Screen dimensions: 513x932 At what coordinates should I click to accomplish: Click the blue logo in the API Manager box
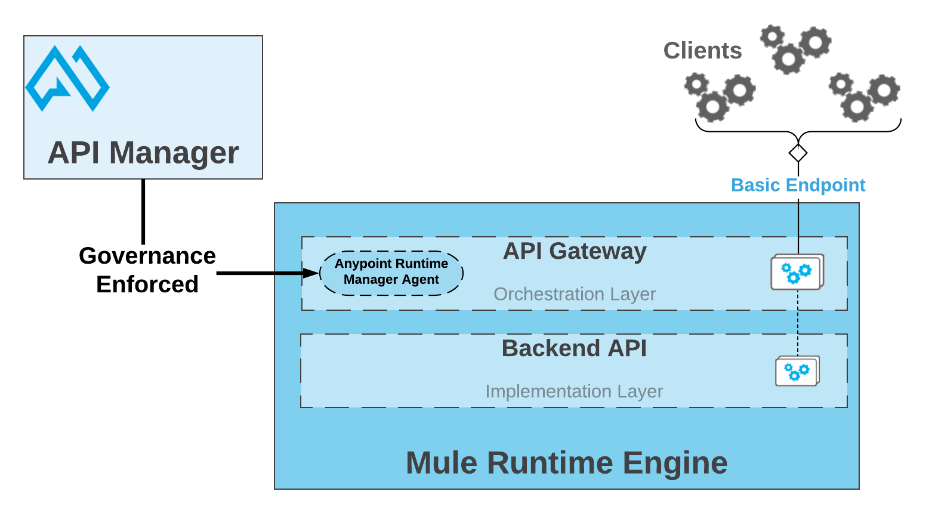67,78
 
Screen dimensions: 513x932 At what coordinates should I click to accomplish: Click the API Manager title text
143,153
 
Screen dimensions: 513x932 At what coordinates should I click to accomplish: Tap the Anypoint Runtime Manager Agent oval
391,273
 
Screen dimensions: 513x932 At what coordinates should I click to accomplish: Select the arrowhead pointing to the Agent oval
311,273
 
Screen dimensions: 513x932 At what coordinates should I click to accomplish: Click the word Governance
147,256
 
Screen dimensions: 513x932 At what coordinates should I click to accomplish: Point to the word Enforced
147,285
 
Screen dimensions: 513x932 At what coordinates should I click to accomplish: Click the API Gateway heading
574,251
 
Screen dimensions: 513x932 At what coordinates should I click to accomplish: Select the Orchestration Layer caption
574,294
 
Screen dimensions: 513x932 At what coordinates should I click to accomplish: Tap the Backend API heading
574,348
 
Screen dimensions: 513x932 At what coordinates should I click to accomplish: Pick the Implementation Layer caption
574,391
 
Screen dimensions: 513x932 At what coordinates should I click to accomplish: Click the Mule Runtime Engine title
566,463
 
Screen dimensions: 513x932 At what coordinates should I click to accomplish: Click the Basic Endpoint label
798,185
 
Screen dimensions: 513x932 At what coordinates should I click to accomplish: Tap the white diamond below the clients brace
798,153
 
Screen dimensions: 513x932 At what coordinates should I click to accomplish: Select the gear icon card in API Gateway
797,273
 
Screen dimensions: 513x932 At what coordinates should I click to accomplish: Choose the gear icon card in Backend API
797,372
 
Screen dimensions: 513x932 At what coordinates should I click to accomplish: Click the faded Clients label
702,51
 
